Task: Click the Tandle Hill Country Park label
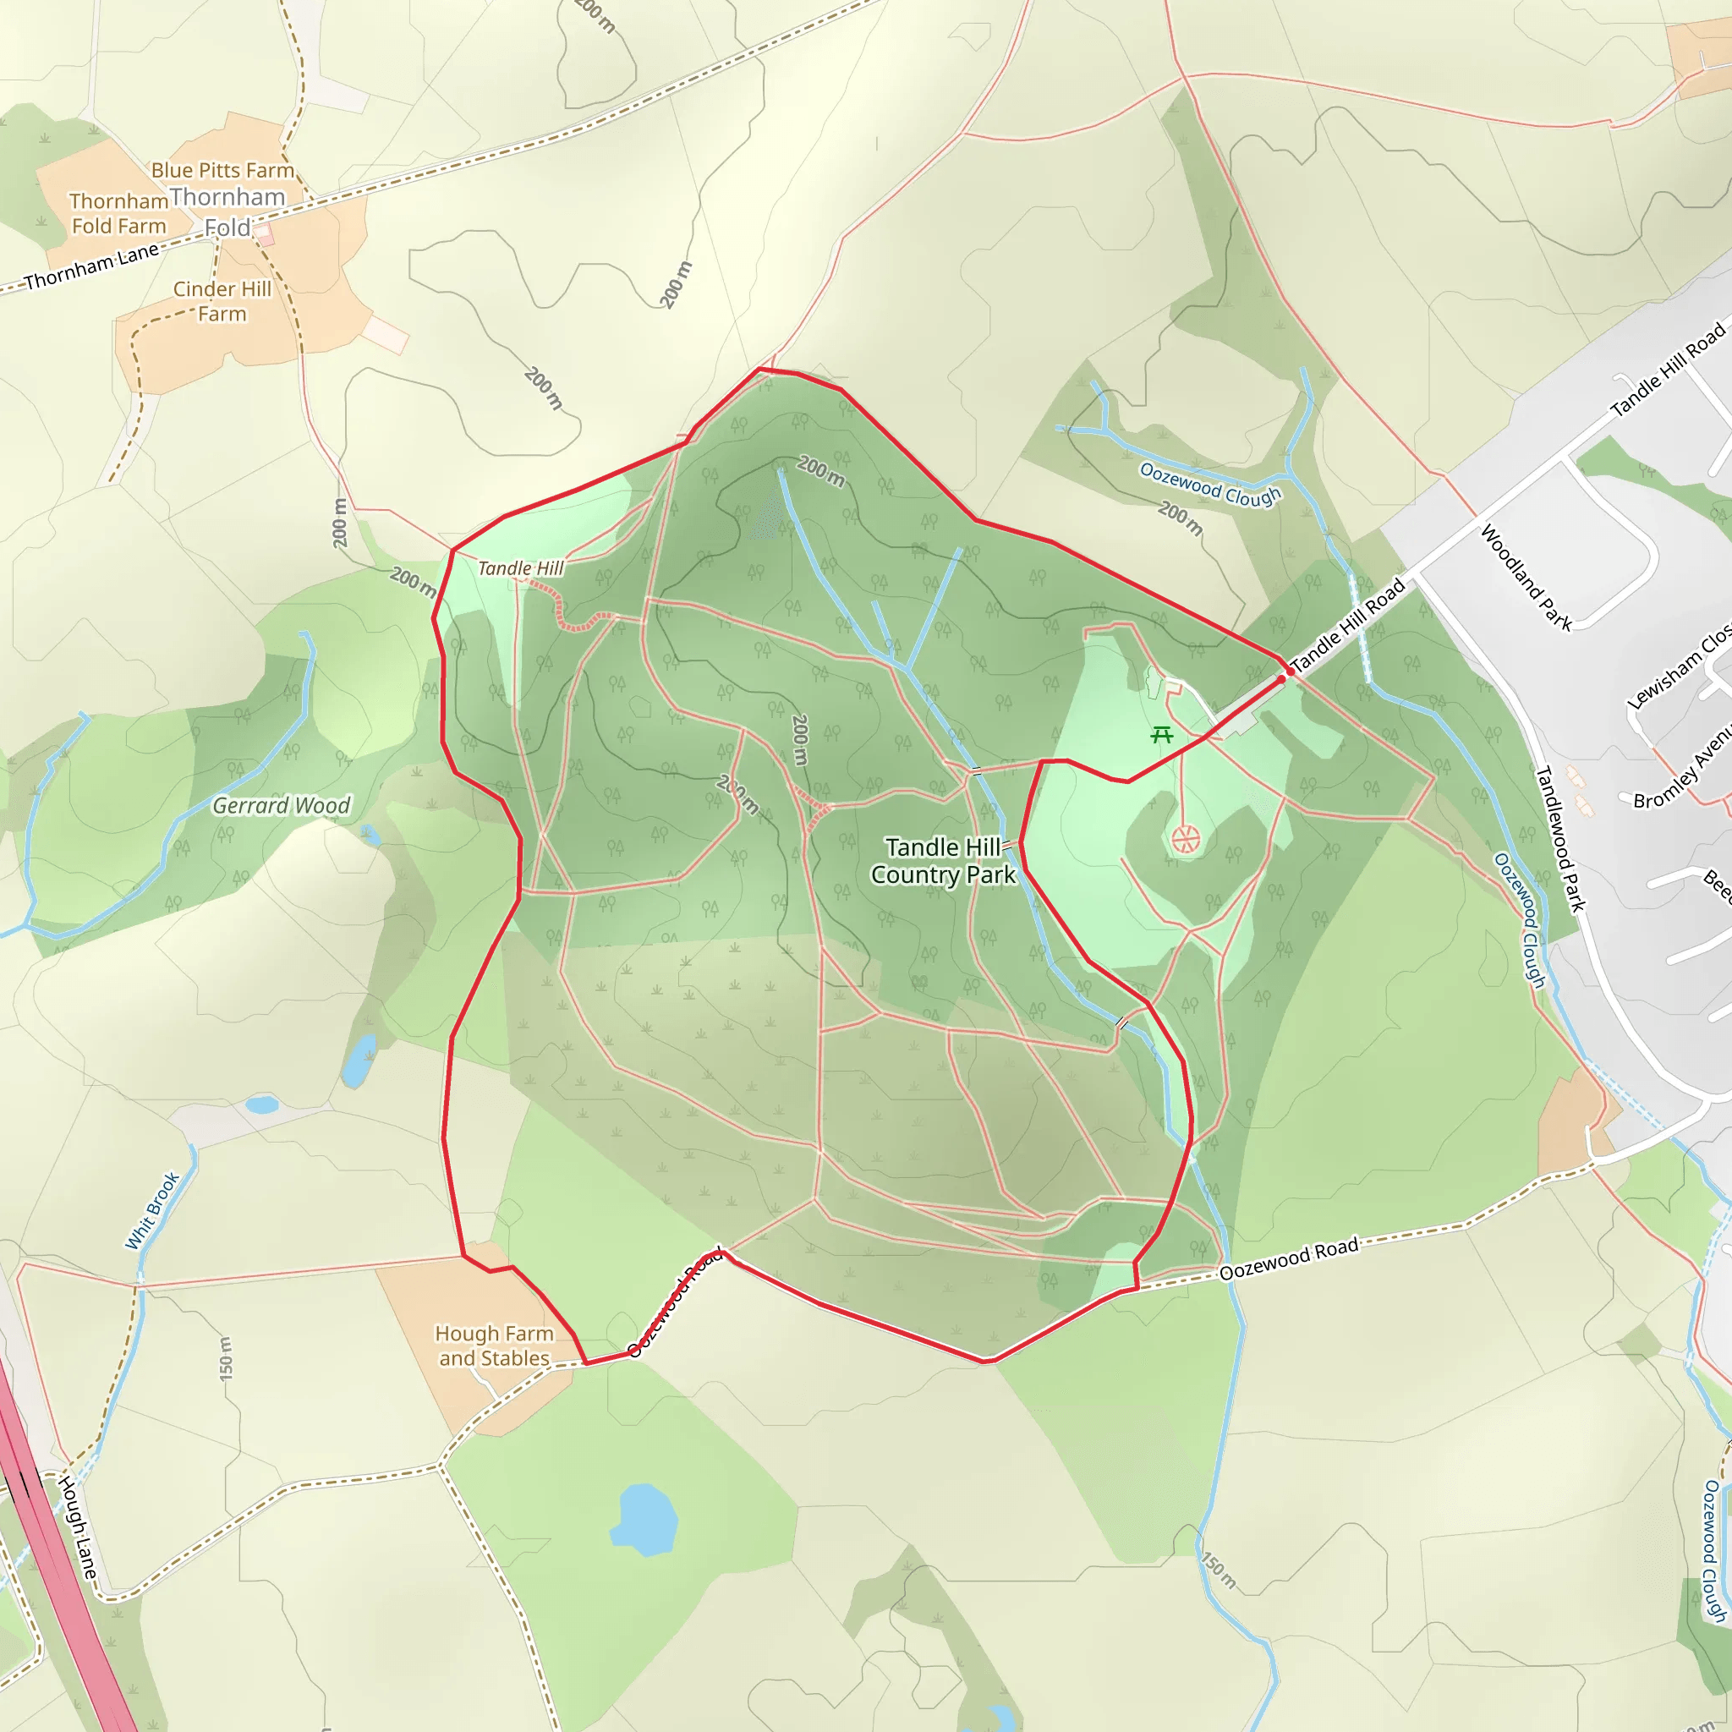click(x=943, y=861)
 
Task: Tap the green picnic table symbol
click(x=1162, y=735)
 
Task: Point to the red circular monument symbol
click(x=1185, y=840)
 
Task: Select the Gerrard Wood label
click(x=281, y=806)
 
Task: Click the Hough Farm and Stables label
click(x=494, y=1346)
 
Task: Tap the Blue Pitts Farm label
click(x=222, y=170)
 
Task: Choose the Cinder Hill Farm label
click(x=222, y=301)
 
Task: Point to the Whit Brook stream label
click(x=152, y=1211)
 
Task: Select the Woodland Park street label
click(x=1526, y=578)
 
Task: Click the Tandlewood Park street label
click(x=1561, y=839)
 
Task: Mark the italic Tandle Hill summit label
click(x=521, y=568)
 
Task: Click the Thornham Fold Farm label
click(x=118, y=213)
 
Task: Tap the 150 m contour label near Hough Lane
click(x=226, y=1358)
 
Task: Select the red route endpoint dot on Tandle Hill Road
click(x=1289, y=671)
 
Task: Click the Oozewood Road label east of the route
click(x=1288, y=1258)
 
